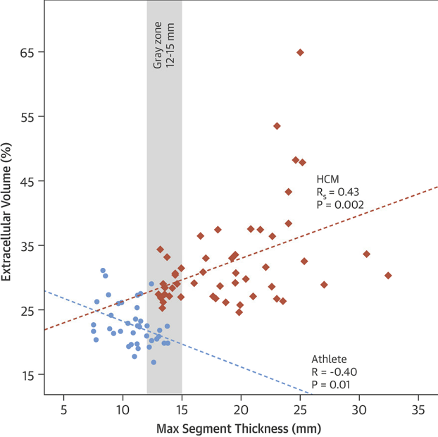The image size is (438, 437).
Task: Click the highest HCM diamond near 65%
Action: [300, 52]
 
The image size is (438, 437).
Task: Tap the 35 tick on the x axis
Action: [419, 410]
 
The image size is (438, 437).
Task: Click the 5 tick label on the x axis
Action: [64, 410]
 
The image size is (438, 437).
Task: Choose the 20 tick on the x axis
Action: [241, 410]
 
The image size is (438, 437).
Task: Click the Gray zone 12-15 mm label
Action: [164, 44]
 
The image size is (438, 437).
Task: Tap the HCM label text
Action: [328, 180]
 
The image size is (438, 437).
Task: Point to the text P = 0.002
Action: [340, 205]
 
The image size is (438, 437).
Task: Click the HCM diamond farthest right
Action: [388, 275]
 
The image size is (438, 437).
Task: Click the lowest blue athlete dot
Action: [154, 362]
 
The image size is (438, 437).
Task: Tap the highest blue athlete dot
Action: [103, 270]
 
